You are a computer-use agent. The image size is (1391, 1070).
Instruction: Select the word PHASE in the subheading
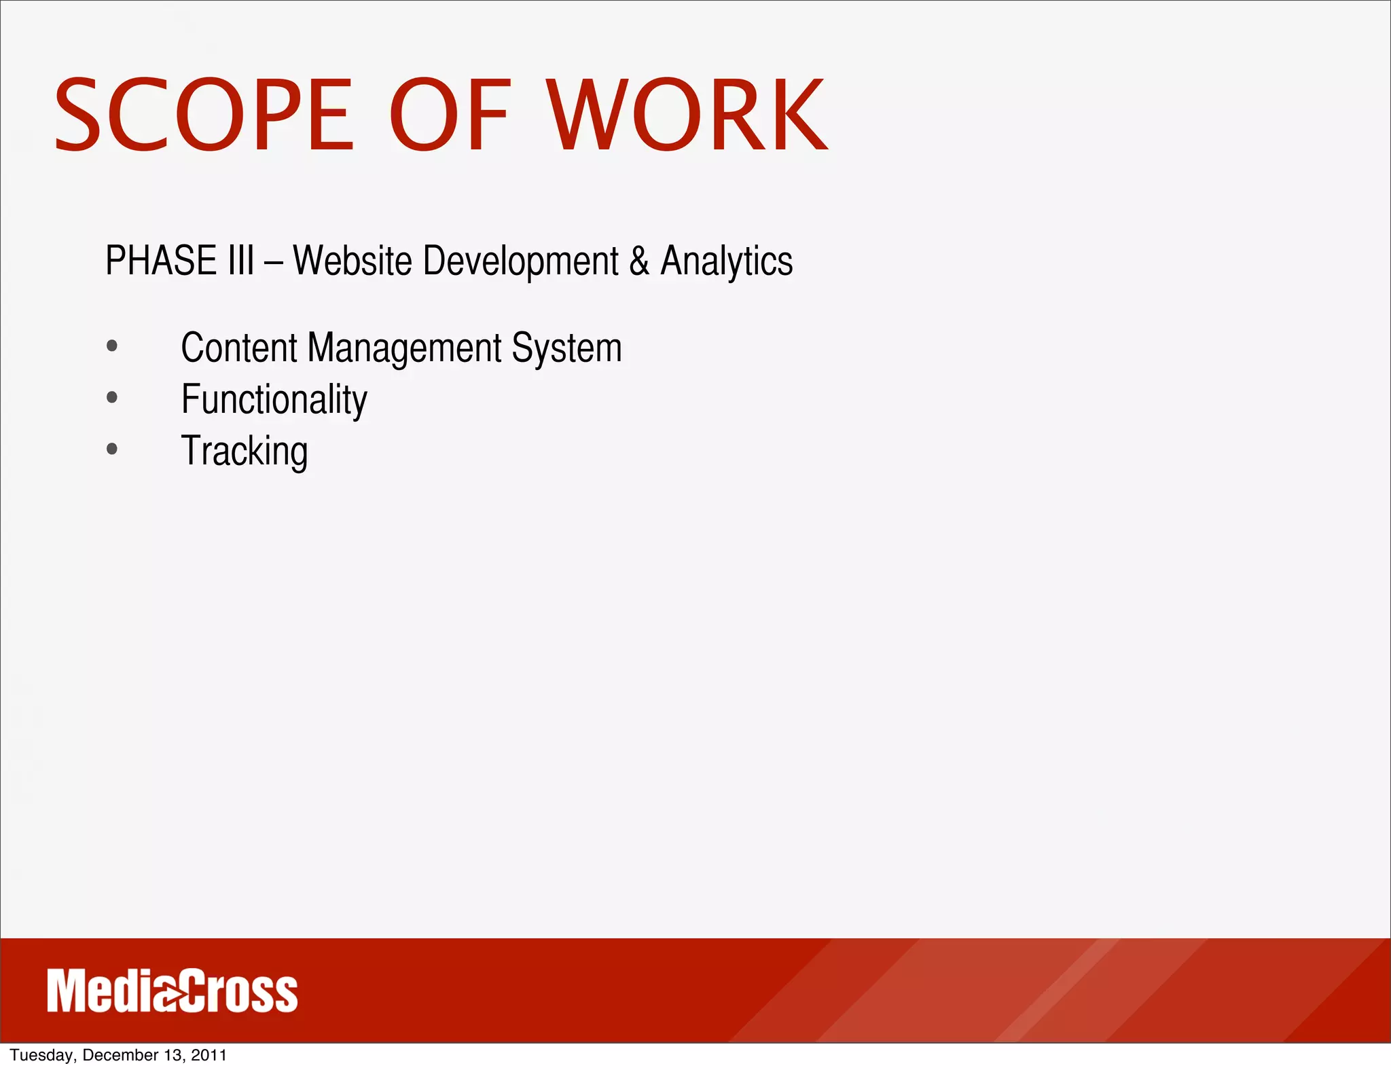point(160,261)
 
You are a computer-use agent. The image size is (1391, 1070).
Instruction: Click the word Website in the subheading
point(353,261)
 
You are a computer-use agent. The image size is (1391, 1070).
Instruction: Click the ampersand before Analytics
point(639,261)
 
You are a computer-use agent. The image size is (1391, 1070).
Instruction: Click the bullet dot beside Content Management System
point(112,346)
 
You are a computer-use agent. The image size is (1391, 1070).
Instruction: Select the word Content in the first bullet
point(239,348)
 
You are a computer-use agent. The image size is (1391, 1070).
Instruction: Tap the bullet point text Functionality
point(274,400)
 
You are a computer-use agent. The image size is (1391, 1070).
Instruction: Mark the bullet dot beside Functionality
point(112,398)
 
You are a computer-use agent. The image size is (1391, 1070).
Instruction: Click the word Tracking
point(245,451)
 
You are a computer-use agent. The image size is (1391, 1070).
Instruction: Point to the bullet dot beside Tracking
point(112,449)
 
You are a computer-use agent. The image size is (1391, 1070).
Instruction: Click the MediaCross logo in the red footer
point(173,991)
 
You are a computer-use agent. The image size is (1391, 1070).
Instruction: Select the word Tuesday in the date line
point(41,1055)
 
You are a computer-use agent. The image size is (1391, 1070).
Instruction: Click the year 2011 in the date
point(209,1055)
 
